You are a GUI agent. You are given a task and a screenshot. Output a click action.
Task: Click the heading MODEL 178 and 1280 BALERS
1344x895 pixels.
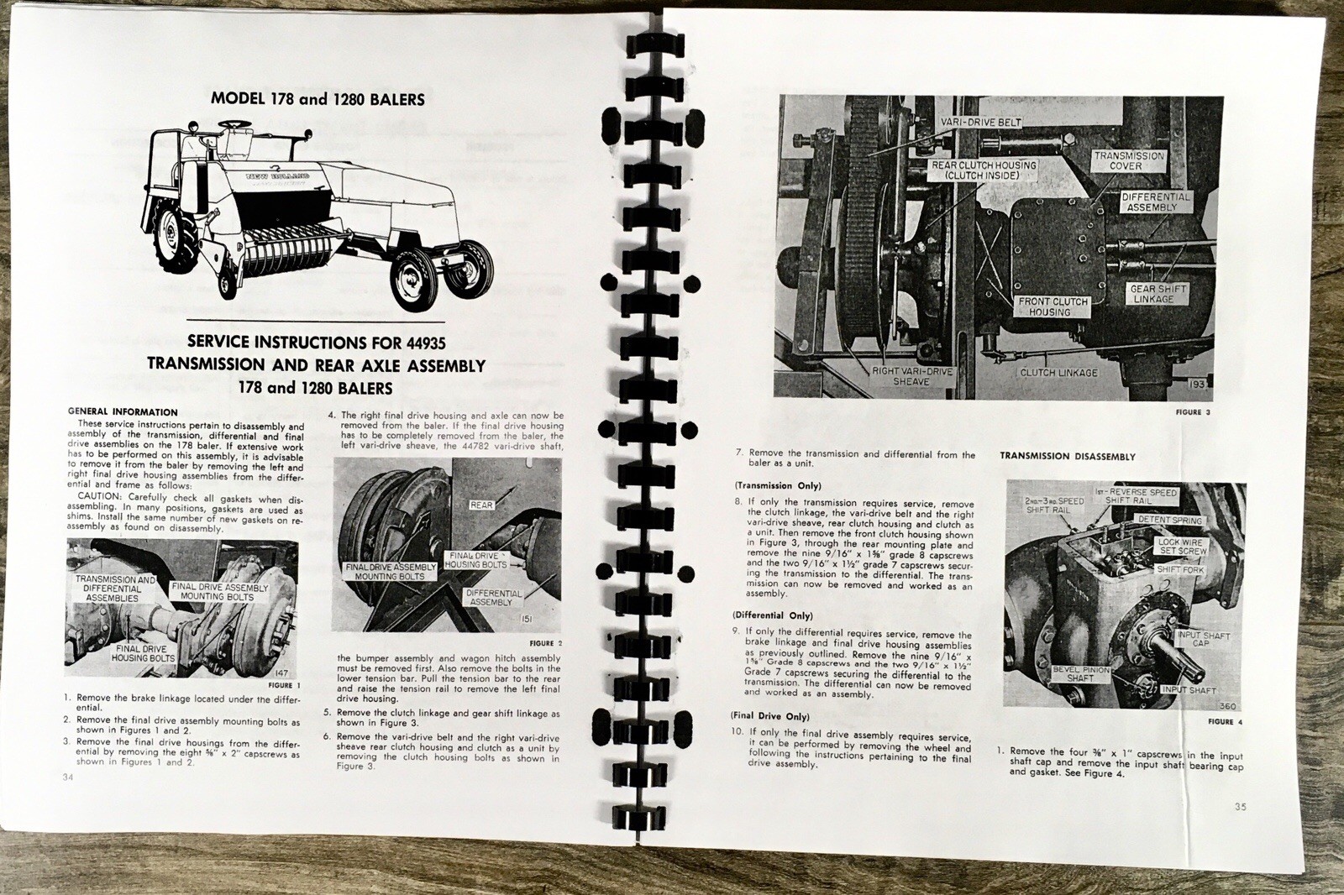point(318,99)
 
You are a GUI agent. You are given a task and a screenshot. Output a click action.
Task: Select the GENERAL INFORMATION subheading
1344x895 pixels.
point(123,412)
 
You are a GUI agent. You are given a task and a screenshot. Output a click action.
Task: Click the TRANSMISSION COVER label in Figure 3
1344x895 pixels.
point(1128,160)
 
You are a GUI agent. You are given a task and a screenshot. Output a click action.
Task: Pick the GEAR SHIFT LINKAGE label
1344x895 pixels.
point(1158,294)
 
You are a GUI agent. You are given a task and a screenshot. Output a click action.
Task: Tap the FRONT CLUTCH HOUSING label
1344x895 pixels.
point(1053,306)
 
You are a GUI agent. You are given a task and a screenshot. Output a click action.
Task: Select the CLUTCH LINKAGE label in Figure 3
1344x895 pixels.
point(1058,372)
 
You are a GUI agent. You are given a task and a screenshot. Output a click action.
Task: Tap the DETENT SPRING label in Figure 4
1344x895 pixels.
point(1170,521)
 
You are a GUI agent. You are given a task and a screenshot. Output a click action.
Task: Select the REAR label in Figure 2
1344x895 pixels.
point(481,505)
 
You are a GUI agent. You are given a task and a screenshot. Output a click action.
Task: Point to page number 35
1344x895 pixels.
point(1240,808)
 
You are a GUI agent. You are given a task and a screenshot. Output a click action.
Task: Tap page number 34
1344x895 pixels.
point(68,777)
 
